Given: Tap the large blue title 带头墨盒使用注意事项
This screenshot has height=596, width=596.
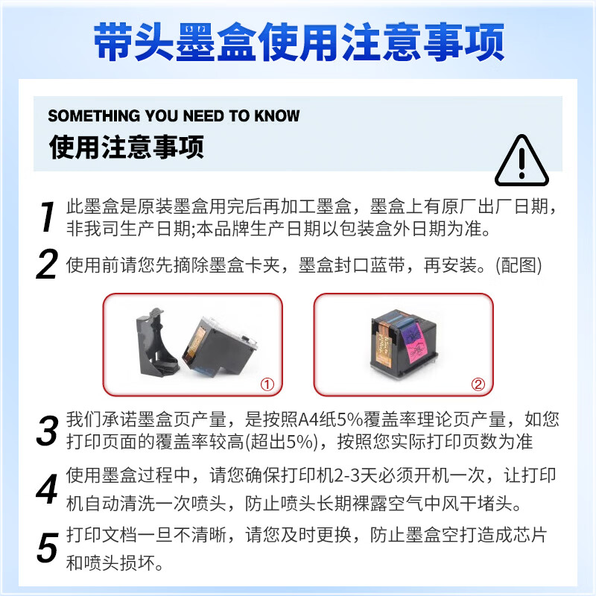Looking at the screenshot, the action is point(299,42).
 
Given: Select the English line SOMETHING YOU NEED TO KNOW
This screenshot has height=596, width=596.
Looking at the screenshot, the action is point(174,115).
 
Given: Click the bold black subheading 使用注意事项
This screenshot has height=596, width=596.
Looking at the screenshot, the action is point(126,147).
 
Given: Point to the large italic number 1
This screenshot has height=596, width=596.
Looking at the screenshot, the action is point(48,217).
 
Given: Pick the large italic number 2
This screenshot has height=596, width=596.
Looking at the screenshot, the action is point(47,264).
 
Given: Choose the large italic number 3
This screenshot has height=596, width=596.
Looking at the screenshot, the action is point(48,431).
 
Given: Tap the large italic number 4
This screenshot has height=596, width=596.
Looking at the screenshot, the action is point(47,489).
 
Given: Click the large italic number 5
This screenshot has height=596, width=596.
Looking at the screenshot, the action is point(48,548).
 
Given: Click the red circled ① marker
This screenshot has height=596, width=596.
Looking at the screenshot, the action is point(267,384).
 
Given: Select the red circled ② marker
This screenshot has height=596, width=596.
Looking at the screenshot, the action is point(478,384).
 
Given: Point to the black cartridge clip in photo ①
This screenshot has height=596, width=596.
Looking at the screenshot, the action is point(156,342).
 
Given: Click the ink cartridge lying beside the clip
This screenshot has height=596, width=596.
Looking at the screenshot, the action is point(219,346).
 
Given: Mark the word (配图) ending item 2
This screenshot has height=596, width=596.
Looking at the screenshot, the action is point(519,265).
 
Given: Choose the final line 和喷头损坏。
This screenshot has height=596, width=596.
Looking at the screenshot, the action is point(115,563).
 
